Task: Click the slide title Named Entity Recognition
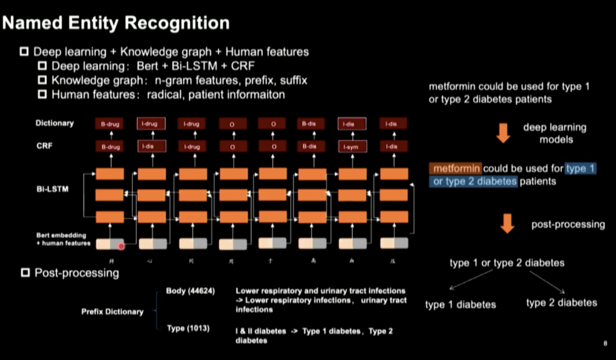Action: click(116, 23)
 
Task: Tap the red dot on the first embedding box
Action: click(121, 246)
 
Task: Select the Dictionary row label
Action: click(55, 123)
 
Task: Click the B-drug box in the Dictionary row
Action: click(110, 124)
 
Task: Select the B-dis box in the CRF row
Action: click(312, 147)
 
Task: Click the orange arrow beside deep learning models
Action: click(504, 133)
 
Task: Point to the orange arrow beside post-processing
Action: click(507, 223)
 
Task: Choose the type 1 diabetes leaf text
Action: click(460, 305)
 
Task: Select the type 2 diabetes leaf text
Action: click(561, 302)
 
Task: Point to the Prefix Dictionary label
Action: click(112, 312)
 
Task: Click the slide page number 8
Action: click(604, 343)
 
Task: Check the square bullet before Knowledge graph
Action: click(42, 80)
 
